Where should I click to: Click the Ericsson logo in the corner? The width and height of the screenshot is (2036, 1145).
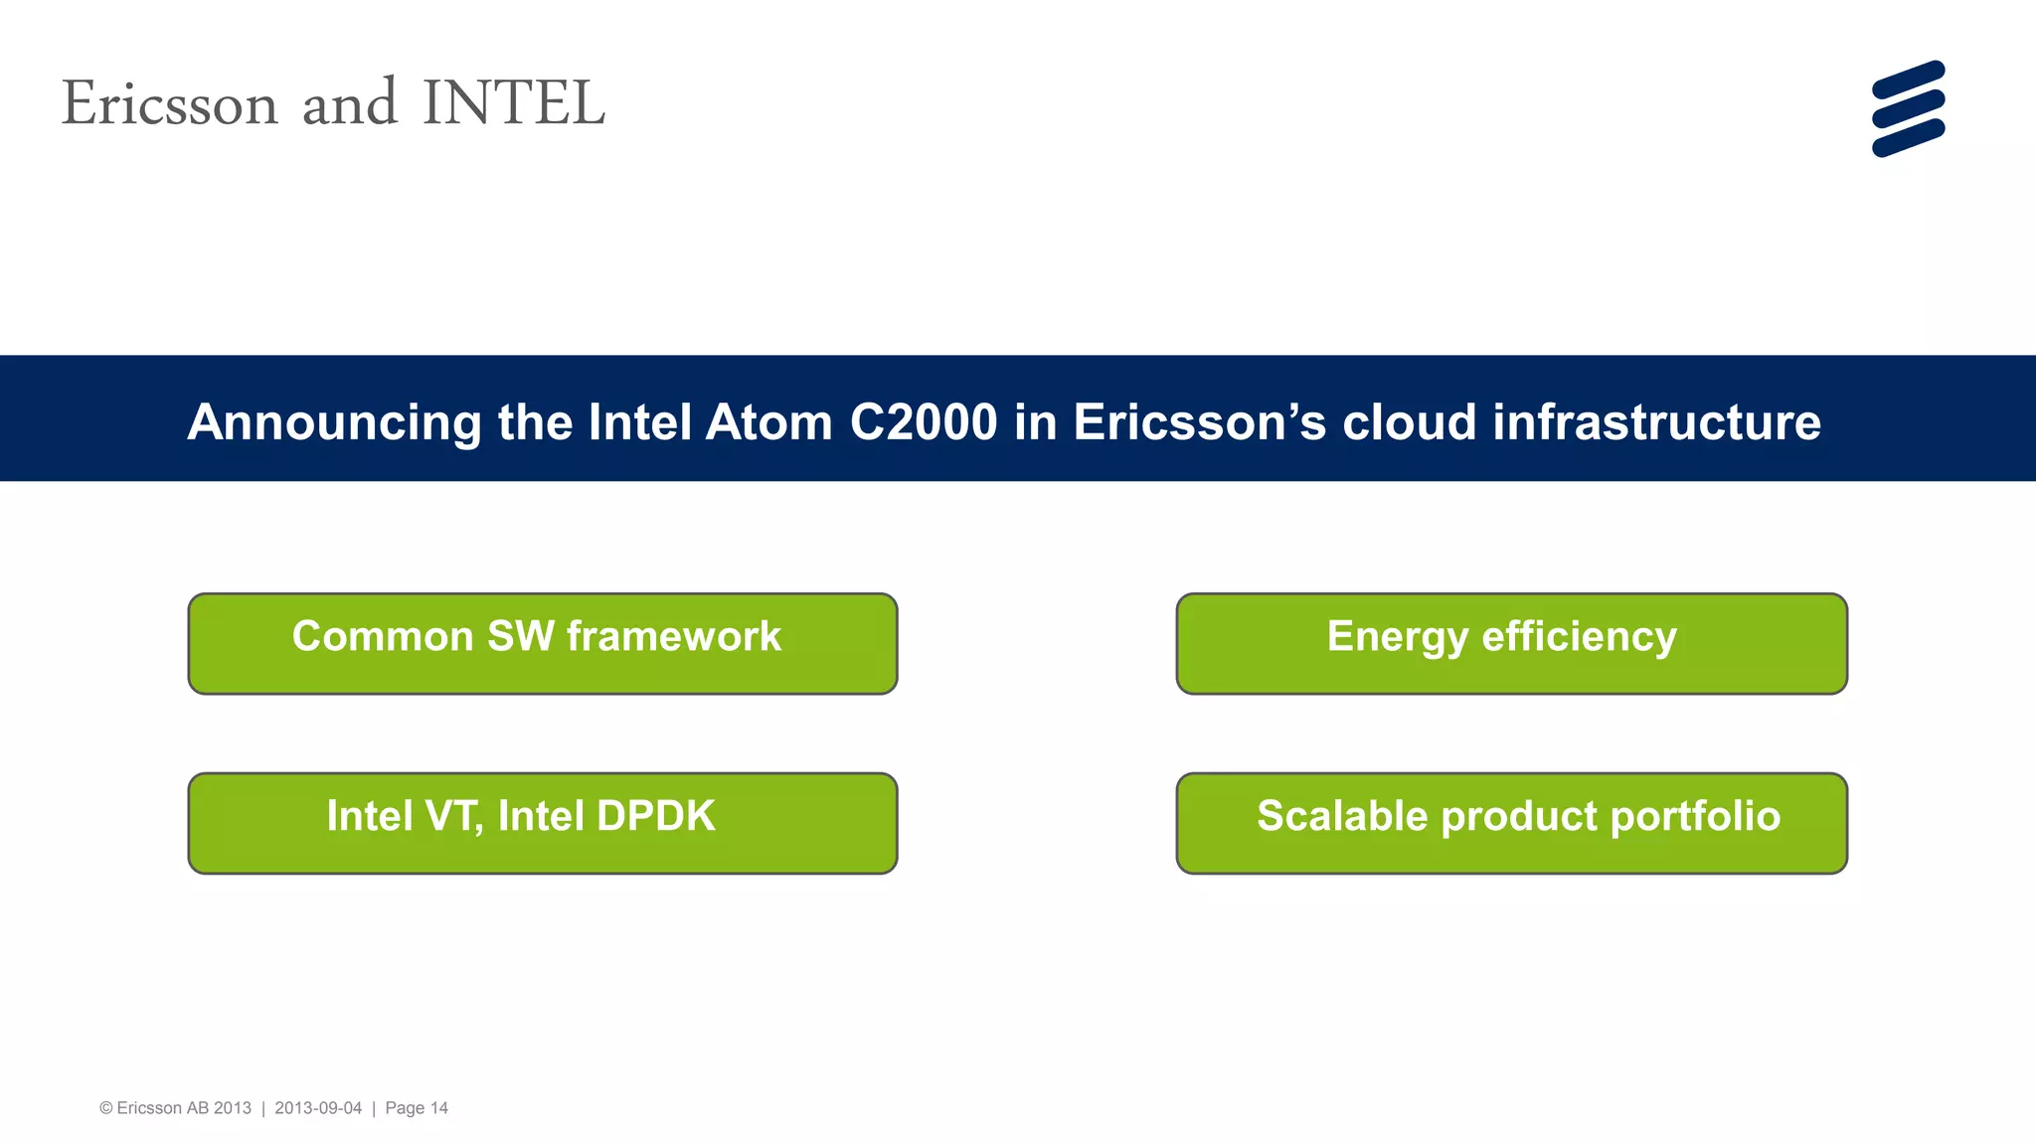coord(1908,108)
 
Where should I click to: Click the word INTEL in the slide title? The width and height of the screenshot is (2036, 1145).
coord(513,103)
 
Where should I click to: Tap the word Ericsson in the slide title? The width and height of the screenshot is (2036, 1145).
coord(169,103)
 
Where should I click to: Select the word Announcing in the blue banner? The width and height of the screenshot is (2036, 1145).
coord(334,422)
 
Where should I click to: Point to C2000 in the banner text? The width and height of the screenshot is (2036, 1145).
coord(924,421)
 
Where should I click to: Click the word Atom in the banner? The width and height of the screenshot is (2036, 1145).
coord(768,421)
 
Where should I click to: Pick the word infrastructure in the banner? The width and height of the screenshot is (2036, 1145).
coord(1656,421)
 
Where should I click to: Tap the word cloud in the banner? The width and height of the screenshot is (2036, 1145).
coord(1409,421)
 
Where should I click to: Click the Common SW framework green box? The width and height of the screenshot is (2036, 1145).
coord(543,643)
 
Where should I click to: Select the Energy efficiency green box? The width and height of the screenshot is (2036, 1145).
coord(1511,643)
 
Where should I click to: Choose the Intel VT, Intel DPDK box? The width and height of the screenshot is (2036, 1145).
coord(543,823)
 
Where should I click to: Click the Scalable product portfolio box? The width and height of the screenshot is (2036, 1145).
coord(1511,823)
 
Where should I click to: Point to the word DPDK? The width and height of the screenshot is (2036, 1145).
coord(655,816)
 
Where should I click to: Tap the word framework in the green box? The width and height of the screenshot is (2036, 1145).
coord(674,636)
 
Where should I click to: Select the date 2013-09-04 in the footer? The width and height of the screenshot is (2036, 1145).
coord(318,1108)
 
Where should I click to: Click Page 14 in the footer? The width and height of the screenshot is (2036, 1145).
coord(417,1108)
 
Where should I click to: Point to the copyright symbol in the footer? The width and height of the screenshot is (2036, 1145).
coord(105,1108)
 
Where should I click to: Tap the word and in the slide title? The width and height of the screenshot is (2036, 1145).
coord(349,103)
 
